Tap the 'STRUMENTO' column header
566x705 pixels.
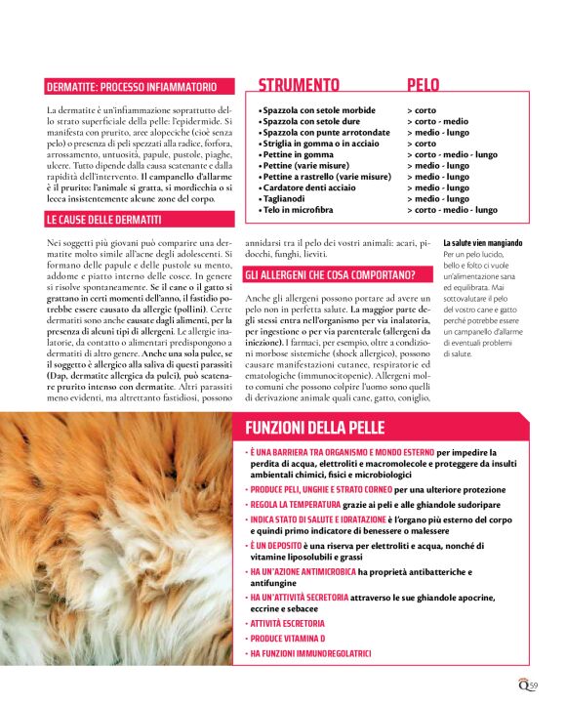pyautogui.click(x=299, y=85)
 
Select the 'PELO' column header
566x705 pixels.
pyautogui.click(x=423, y=85)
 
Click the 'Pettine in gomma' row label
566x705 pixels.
pyautogui.click(x=297, y=154)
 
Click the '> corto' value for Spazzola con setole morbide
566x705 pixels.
pyautogui.click(x=422, y=110)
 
